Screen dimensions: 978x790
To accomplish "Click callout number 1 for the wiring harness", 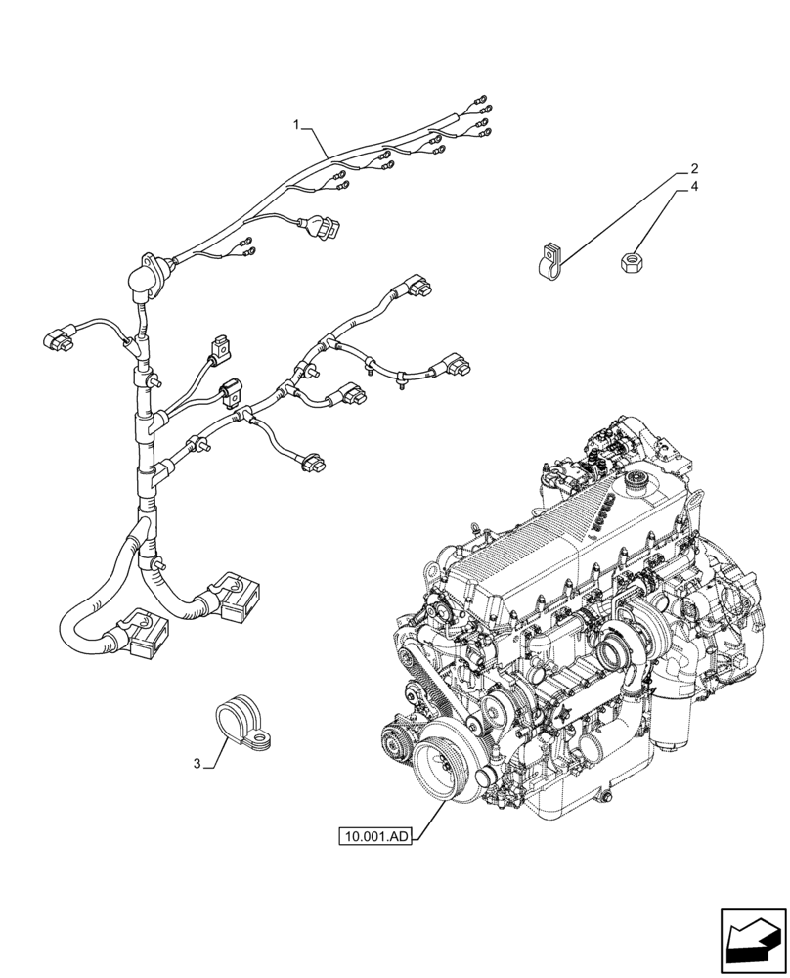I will click(x=296, y=124).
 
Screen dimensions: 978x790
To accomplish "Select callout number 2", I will click(x=693, y=167).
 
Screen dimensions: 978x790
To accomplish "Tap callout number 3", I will click(x=198, y=764).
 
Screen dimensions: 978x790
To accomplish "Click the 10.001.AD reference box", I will click(x=375, y=836).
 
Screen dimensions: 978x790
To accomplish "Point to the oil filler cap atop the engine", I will click(x=638, y=482).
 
